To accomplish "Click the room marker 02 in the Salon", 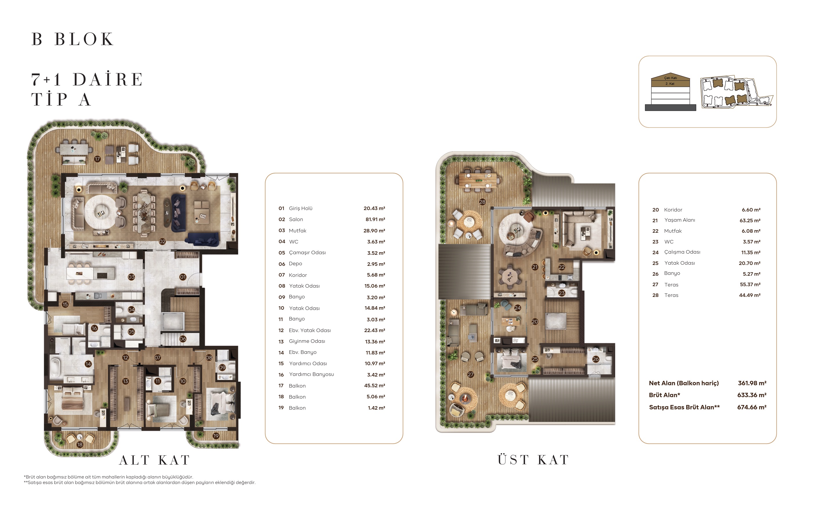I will (x=163, y=241).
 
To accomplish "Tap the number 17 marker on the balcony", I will (x=97, y=159).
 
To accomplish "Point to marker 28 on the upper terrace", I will (x=482, y=202).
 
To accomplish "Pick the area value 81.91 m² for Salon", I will (x=375, y=219).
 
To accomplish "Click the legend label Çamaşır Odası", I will (x=307, y=252).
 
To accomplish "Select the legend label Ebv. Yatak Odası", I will (x=309, y=330).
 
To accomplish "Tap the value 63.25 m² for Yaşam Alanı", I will (x=750, y=221).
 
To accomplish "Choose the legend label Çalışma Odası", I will (x=682, y=252).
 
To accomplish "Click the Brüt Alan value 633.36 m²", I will (x=752, y=395).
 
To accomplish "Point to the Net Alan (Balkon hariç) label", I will (x=684, y=383).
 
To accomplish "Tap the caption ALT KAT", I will (x=155, y=460).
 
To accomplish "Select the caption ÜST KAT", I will (x=533, y=460).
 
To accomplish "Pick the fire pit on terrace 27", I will (x=465, y=399).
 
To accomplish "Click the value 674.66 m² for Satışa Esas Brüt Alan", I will (x=752, y=407).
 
